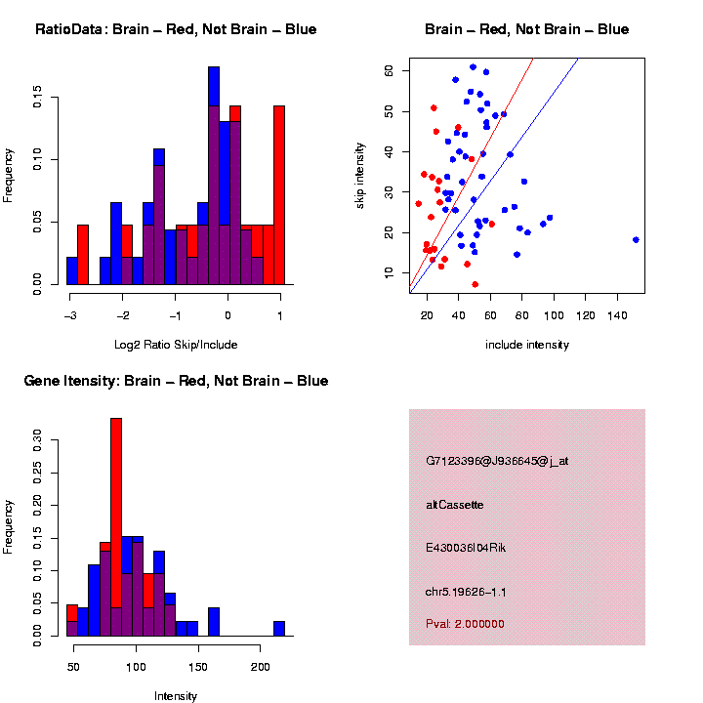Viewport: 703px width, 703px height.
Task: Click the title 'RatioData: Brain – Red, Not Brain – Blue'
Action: (x=176, y=29)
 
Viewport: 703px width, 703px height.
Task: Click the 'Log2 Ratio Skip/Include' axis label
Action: (x=176, y=345)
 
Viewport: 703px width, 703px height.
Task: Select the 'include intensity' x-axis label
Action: (x=526, y=345)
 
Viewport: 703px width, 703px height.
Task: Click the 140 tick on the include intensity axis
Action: (x=618, y=316)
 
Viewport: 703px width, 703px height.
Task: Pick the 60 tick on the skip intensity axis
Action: (x=389, y=71)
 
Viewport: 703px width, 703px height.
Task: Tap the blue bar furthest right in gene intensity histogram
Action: (x=279, y=628)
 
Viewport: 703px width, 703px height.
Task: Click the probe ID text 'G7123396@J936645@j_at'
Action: (x=497, y=461)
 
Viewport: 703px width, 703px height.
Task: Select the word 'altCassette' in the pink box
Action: (x=454, y=505)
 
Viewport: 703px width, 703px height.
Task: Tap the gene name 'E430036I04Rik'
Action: (x=466, y=548)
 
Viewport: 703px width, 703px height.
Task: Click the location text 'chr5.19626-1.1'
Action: (x=466, y=592)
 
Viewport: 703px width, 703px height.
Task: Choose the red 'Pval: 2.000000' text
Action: (x=465, y=624)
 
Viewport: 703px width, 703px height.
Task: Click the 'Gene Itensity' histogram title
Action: (x=176, y=381)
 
